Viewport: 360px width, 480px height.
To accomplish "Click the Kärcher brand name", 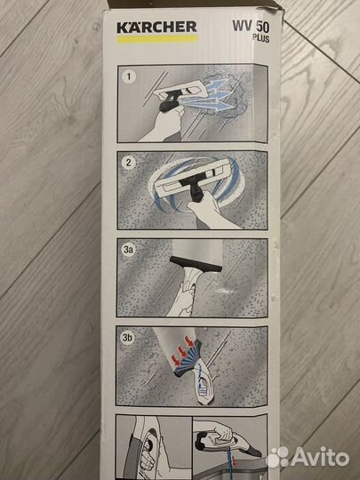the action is click(156, 28).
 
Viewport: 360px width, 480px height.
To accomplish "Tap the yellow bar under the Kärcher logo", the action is click(157, 39).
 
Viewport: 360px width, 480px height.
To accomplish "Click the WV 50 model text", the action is click(251, 27).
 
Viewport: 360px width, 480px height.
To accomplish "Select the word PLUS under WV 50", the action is click(261, 38).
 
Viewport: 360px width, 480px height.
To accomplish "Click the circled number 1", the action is click(129, 76).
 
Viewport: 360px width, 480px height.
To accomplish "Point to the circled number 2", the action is click(129, 163).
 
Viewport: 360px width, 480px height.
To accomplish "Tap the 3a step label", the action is click(129, 250).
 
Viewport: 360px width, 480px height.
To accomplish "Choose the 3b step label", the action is click(127, 338).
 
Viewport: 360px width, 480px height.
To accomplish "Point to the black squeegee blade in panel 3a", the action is click(196, 264).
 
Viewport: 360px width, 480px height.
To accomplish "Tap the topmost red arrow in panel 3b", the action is click(190, 340).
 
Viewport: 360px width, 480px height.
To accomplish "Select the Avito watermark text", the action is click(320, 458).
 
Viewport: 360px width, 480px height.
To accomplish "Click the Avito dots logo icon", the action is click(278, 457).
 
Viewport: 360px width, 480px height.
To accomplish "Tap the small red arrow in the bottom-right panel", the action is click(234, 460).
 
